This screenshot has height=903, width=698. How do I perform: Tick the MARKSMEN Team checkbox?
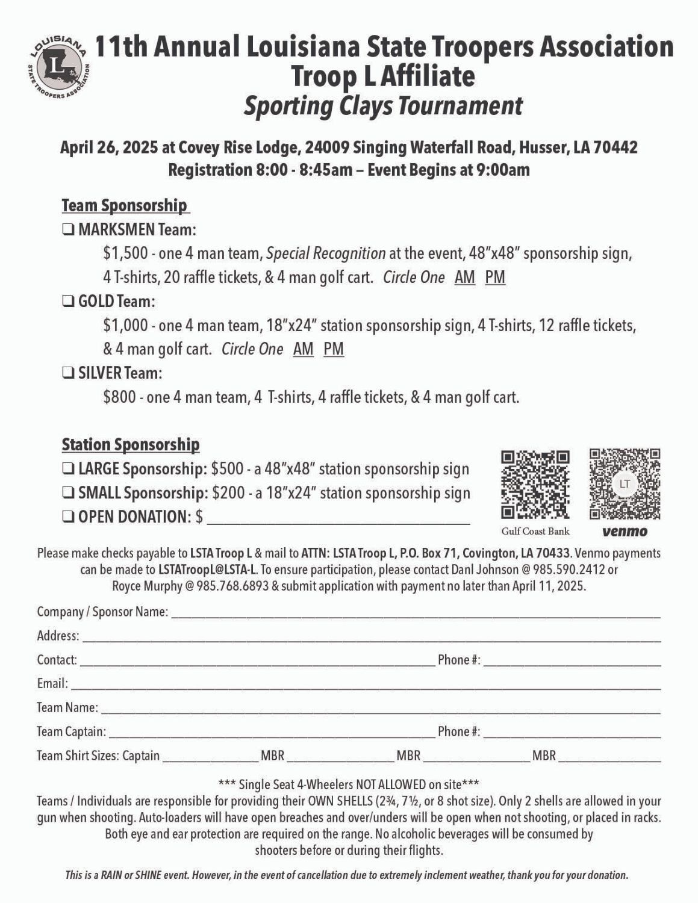(x=68, y=229)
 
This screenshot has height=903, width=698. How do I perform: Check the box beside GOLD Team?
(x=68, y=301)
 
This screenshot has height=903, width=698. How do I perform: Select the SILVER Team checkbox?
(x=68, y=373)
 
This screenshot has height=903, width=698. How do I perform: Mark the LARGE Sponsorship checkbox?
(x=68, y=468)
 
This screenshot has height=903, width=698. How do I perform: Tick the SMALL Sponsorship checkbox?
(x=68, y=493)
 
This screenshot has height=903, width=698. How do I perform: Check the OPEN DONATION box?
(x=68, y=517)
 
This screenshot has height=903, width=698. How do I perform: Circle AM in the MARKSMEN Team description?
(x=464, y=278)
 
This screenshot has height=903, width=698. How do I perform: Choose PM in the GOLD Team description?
(x=333, y=349)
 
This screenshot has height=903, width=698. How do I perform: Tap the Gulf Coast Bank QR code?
(x=535, y=485)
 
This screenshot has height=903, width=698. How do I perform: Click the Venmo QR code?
(x=625, y=484)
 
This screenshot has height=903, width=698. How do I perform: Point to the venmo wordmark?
(x=625, y=532)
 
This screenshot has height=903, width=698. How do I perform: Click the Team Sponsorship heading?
(x=125, y=205)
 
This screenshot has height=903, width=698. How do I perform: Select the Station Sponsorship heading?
(x=130, y=445)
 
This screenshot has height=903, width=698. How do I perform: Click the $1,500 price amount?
(x=125, y=253)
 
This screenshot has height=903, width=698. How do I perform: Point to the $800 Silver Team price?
(x=119, y=397)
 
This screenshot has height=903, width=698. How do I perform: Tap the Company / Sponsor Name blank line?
(x=416, y=613)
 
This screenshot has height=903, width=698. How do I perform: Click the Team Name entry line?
(x=379, y=709)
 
